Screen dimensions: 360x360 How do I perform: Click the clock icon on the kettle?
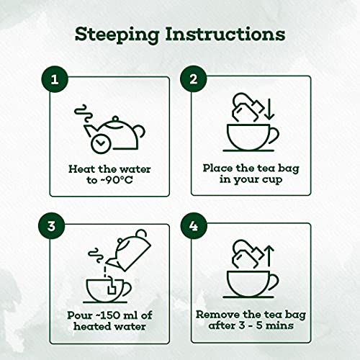[x=100, y=143]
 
